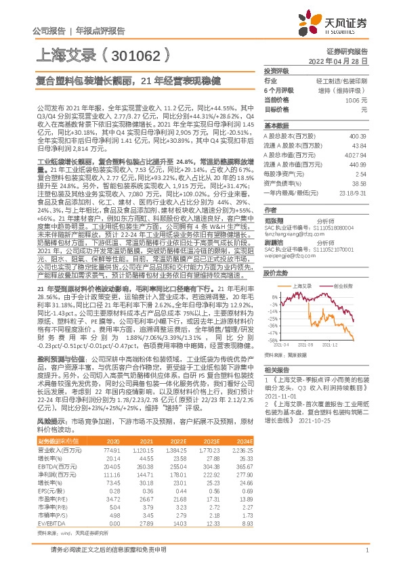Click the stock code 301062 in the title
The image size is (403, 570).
[135, 53]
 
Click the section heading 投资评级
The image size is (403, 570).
[276, 70]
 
